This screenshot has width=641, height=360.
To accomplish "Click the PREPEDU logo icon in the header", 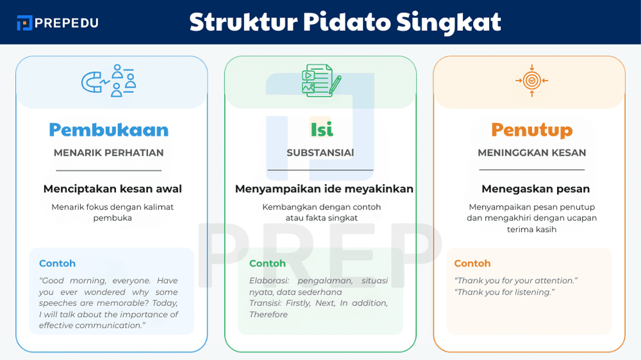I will tap(24, 22).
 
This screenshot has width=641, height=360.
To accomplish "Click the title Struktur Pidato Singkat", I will tap(345, 22).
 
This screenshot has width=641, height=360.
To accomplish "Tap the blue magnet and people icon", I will tap(108, 81).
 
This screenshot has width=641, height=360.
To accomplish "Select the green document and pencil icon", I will tap(320, 81).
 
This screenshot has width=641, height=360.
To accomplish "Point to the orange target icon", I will tap(531, 81).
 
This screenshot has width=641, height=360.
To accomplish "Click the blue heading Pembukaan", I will tap(108, 130).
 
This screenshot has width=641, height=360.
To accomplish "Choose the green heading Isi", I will tap(321, 130).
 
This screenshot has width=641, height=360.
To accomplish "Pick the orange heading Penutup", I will tap(531, 130).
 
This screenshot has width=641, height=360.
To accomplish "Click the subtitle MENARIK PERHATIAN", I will tap(108, 153).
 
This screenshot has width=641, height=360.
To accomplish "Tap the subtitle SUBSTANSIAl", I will tap(320, 153).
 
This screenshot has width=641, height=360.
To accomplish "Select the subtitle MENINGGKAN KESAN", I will tap(531, 153).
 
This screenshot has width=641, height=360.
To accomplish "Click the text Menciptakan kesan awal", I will tap(112, 189).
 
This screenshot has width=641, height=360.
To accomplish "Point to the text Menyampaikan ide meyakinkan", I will tap(324, 189).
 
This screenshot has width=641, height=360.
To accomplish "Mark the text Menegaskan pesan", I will tap(535, 189).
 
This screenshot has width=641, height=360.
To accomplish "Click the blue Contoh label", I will tap(57, 263).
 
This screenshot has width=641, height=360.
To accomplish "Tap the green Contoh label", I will tap(267, 263).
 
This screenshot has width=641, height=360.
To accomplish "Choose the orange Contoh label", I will tap(472, 263).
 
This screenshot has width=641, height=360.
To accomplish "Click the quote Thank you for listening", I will tap(504, 292).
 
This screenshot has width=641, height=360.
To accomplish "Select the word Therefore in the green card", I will tap(269, 315).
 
